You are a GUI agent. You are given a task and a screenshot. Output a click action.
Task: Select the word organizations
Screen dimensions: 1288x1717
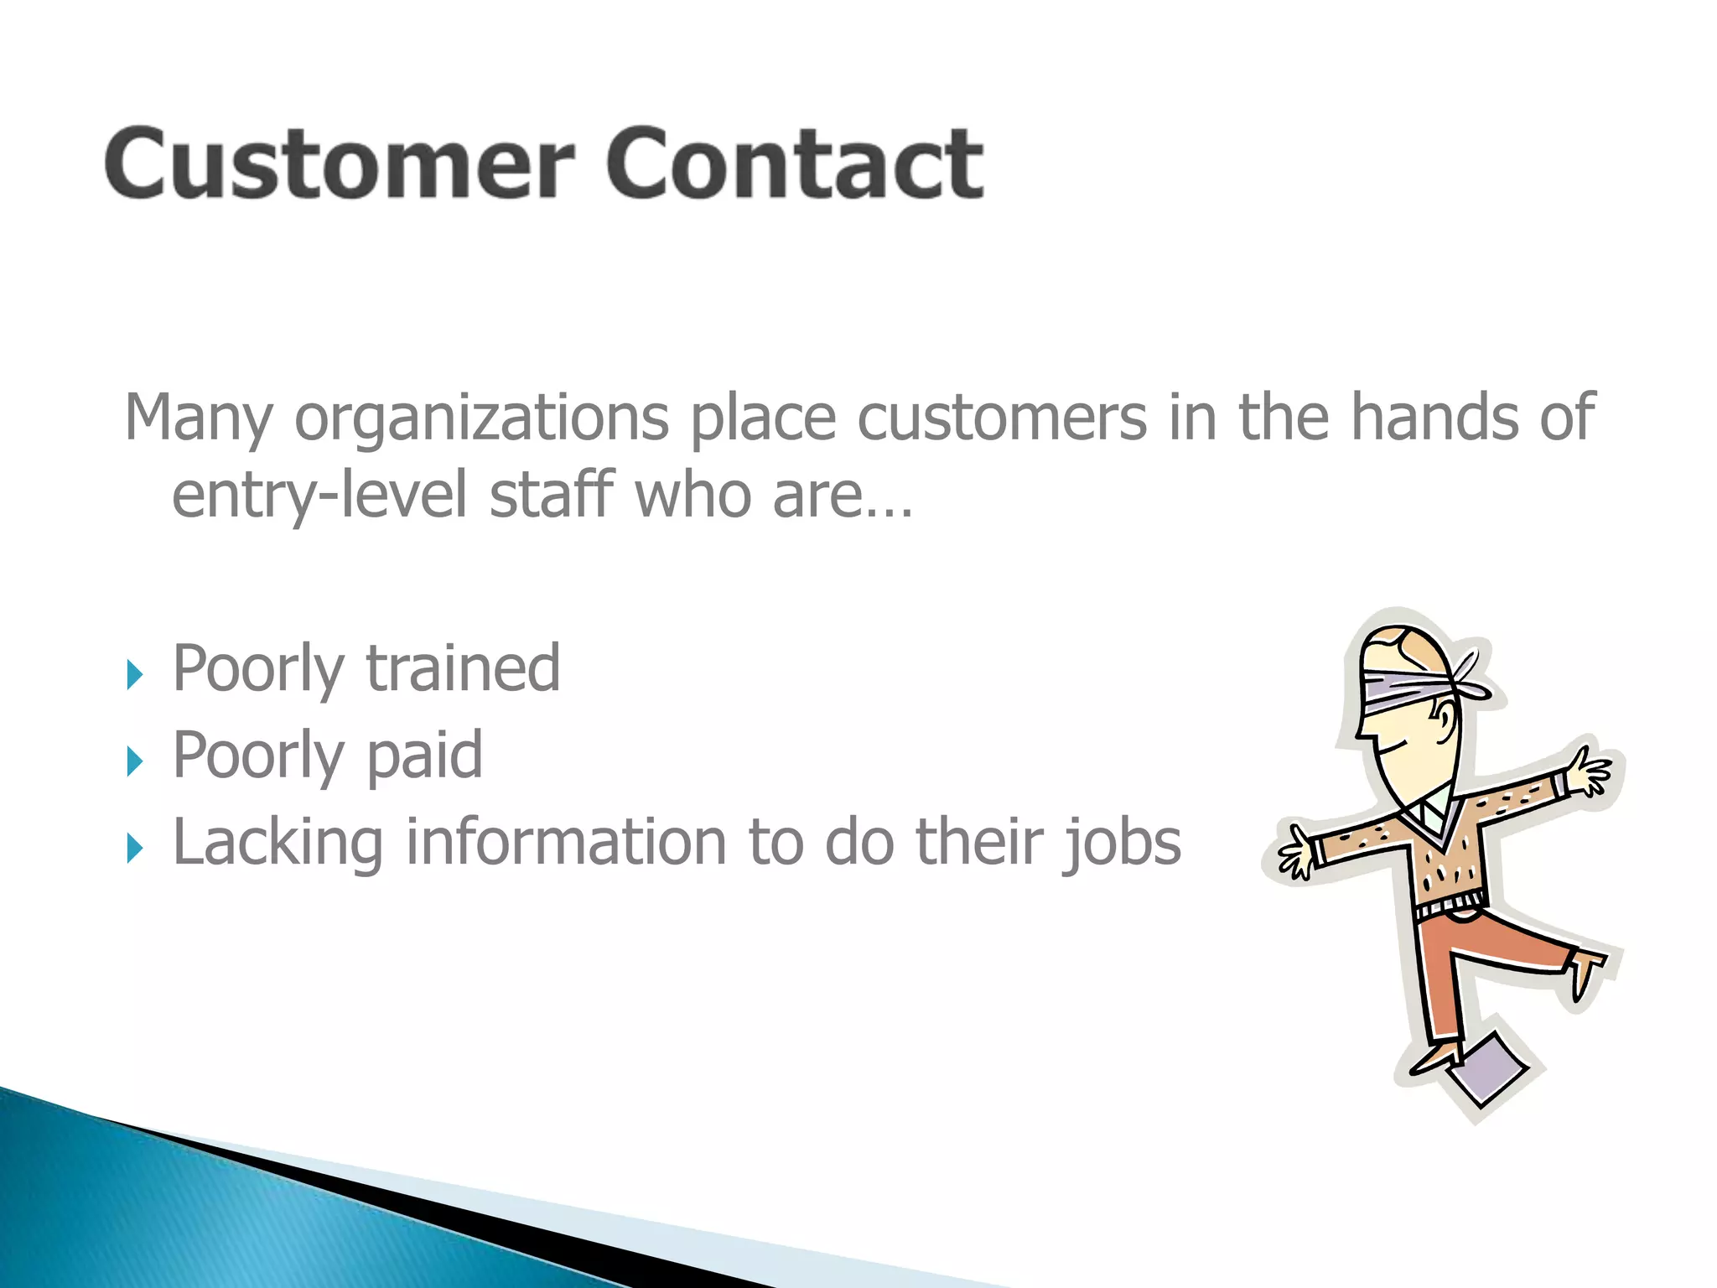pos(481,418)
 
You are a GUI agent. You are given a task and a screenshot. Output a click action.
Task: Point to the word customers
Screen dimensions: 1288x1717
pos(1001,418)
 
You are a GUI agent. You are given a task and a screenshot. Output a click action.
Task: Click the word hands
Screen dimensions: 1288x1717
pos(1434,417)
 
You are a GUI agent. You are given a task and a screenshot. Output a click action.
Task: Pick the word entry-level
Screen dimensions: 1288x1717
pos(319,495)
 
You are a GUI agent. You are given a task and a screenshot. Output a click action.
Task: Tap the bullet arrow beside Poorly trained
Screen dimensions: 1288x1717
pos(135,674)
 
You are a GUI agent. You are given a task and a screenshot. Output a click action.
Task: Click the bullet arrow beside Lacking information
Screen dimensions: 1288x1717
pos(135,849)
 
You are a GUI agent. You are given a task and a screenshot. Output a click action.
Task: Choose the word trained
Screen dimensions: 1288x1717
pos(463,668)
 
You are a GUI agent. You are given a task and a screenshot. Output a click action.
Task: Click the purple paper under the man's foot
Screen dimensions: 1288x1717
pos(1488,1069)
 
